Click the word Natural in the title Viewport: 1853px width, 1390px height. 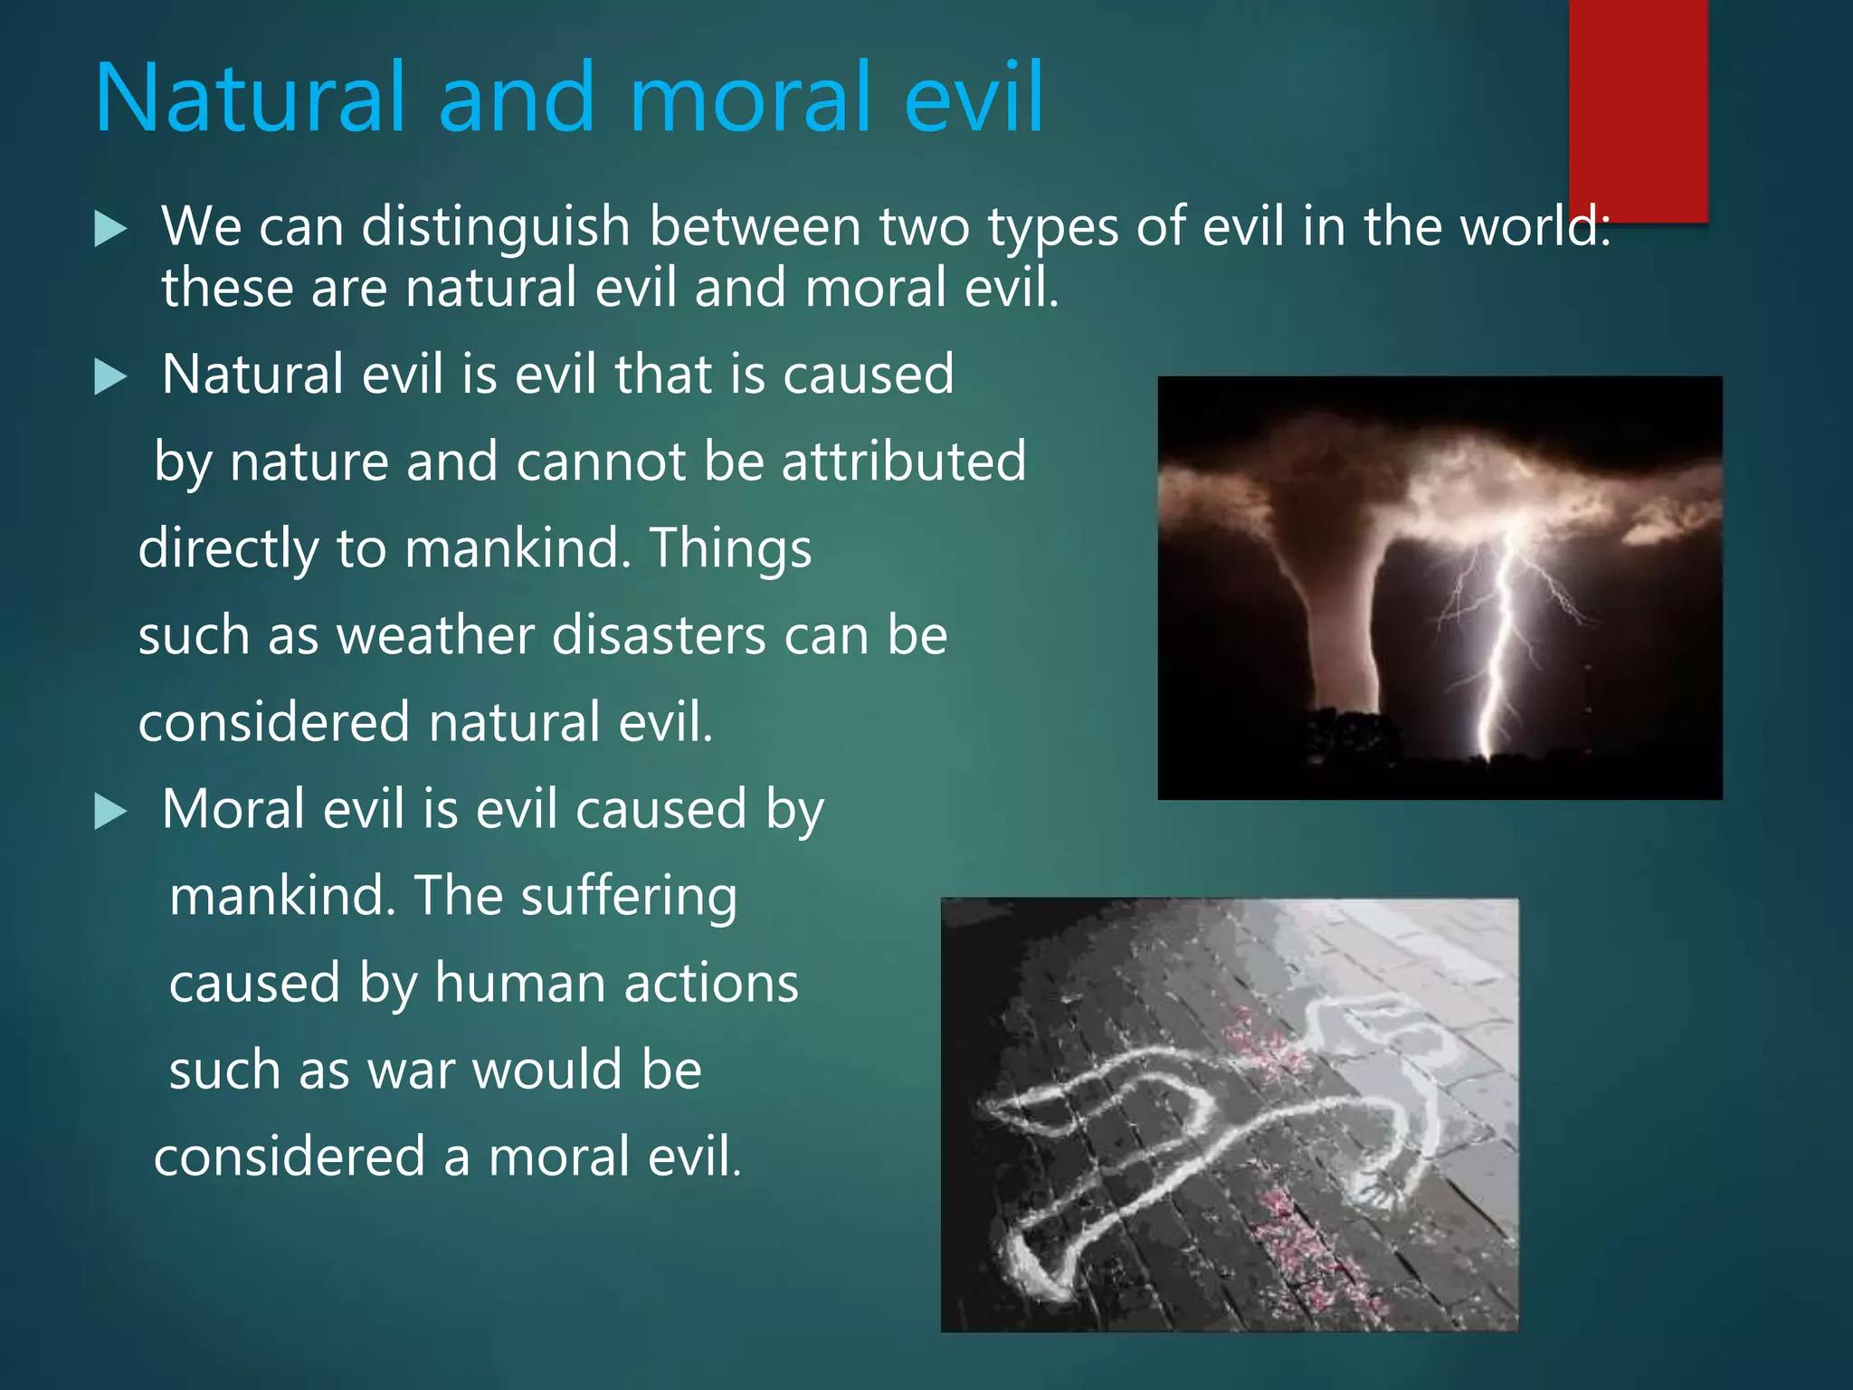[x=249, y=98]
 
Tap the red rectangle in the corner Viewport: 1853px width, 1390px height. [x=1638, y=109]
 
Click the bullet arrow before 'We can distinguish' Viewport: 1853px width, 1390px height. [x=110, y=229]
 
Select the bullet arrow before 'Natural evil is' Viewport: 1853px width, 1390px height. [x=110, y=376]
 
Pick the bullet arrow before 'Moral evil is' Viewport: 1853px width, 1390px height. [x=110, y=812]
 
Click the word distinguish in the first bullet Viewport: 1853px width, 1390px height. [x=495, y=227]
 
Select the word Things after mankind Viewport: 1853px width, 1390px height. [x=731, y=549]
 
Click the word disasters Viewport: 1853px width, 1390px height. [x=658, y=635]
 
